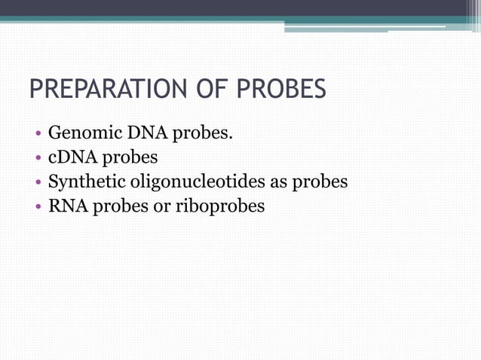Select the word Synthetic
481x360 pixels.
pyautogui.click(x=85, y=182)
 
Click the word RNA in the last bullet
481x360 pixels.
pyautogui.click(x=68, y=205)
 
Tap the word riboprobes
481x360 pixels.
pyautogui.click(x=219, y=206)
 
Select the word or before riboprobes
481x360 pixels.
pyautogui.click(x=161, y=206)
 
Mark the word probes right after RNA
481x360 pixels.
pyautogui.click(x=121, y=206)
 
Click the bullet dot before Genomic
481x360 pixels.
pyautogui.click(x=38, y=136)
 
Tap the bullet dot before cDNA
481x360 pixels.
pyautogui.click(x=38, y=160)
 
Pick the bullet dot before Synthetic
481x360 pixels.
pyautogui.click(x=38, y=183)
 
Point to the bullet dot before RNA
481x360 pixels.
pyautogui.click(x=38, y=206)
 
